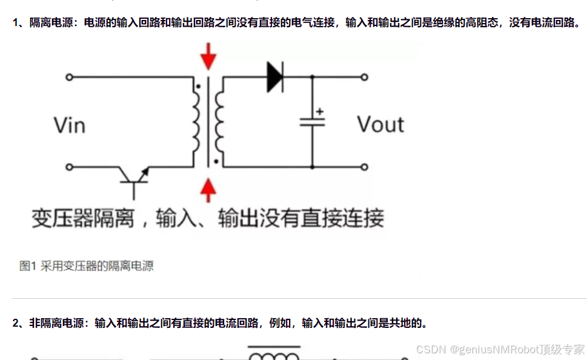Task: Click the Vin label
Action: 70,125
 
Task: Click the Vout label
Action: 380,124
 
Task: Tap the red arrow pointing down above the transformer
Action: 208,56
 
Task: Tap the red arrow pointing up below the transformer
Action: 208,189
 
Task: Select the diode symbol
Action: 275,77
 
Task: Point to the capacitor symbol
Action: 313,121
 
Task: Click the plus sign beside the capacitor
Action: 320,111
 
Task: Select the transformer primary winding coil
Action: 197,121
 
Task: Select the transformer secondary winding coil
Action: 219,121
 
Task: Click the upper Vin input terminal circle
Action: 70,77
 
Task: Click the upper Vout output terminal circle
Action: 364,77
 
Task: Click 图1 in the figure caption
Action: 28,265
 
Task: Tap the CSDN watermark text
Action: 431,350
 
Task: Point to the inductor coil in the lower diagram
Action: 273,355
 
